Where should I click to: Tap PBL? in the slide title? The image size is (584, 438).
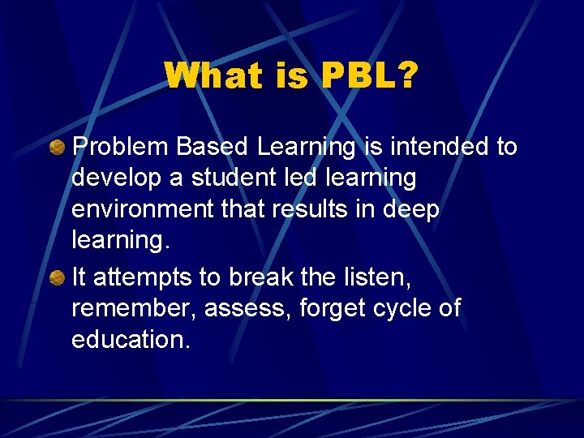pos(370,76)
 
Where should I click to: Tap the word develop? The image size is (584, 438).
pos(115,178)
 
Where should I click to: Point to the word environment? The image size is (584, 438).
pos(141,208)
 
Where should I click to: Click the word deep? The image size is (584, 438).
pos(412,210)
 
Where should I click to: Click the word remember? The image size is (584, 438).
pos(133,308)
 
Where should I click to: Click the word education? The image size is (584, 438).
pos(131,339)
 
